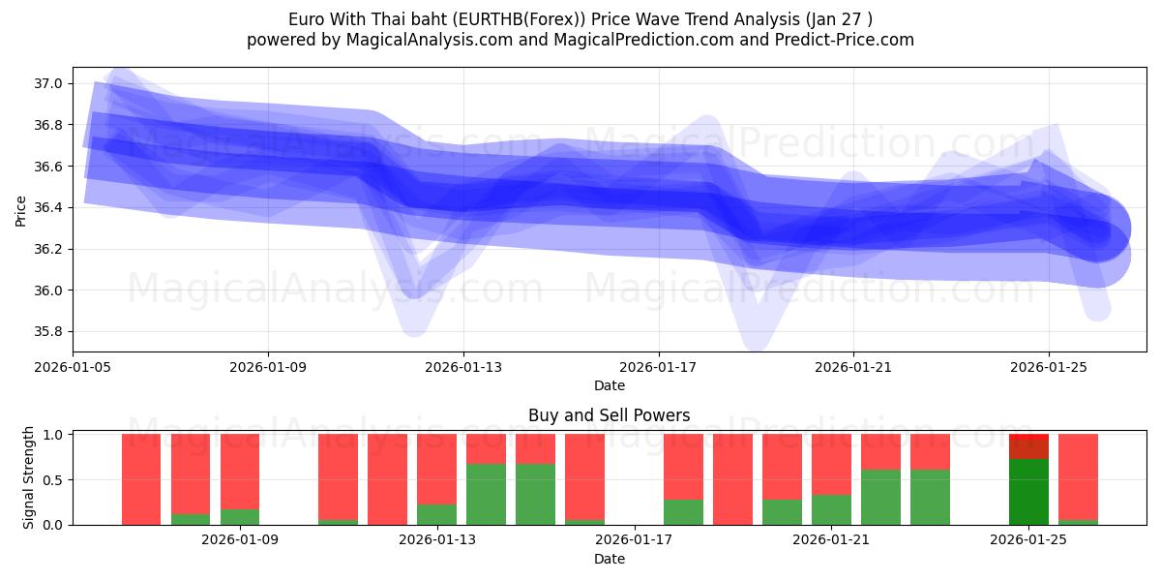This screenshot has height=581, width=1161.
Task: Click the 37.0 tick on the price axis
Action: click(49, 84)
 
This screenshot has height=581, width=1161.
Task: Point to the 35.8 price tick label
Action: click(49, 332)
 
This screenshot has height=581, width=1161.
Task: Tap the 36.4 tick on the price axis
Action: click(49, 208)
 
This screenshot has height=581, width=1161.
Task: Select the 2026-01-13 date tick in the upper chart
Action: click(462, 367)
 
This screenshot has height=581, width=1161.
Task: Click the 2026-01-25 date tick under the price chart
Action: click(1048, 367)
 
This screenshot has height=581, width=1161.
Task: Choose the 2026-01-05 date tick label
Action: click(73, 367)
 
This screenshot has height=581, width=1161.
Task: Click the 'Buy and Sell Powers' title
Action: click(609, 415)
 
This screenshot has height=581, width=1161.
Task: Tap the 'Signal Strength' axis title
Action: click(29, 477)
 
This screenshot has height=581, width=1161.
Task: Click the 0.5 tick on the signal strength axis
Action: click(53, 479)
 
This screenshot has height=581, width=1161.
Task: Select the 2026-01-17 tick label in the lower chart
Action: click(634, 540)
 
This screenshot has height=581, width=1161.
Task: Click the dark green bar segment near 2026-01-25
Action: click(1028, 492)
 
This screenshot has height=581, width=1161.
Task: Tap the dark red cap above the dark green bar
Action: click(1028, 446)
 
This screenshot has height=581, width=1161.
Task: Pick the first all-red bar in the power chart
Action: click(141, 479)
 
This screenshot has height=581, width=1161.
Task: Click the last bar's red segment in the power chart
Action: click(1078, 476)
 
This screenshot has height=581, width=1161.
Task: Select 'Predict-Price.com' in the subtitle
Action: click(846, 40)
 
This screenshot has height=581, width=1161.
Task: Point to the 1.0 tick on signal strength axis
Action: click(53, 435)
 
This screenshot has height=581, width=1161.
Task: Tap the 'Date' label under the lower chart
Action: click(609, 559)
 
